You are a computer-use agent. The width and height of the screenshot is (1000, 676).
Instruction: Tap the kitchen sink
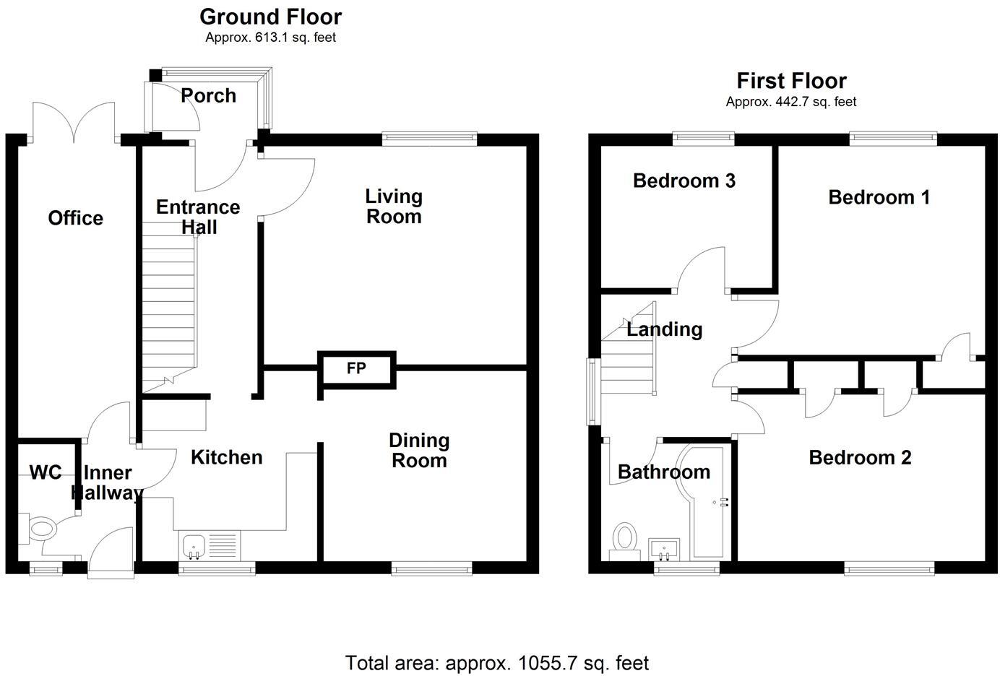(194, 546)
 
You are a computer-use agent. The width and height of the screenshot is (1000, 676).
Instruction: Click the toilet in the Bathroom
(624, 538)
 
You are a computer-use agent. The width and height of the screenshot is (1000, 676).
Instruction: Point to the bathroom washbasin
(664, 549)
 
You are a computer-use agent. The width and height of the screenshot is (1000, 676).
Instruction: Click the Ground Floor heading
(270, 16)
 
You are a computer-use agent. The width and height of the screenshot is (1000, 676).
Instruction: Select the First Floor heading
(791, 80)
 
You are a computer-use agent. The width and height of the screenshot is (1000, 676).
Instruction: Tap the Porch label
(208, 95)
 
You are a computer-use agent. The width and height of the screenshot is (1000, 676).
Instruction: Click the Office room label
(75, 218)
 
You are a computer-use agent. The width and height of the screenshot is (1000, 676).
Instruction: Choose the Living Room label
(394, 206)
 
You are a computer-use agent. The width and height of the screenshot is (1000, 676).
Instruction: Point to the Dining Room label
(419, 450)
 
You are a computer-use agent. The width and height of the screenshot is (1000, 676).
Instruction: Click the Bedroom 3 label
(684, 181)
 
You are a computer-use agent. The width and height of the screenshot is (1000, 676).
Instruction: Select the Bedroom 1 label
(879, 197)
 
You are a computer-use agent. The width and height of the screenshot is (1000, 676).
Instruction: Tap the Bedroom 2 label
(860, 457)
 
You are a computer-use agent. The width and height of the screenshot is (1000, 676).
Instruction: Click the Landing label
(664, 329)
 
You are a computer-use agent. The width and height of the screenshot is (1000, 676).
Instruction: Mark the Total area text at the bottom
(497, 662)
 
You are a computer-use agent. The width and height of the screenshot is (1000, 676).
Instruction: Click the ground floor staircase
(168, 303)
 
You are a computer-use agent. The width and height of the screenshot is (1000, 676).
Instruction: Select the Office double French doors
(74, 121)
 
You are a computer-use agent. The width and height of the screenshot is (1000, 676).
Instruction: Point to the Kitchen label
(226, 457)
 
